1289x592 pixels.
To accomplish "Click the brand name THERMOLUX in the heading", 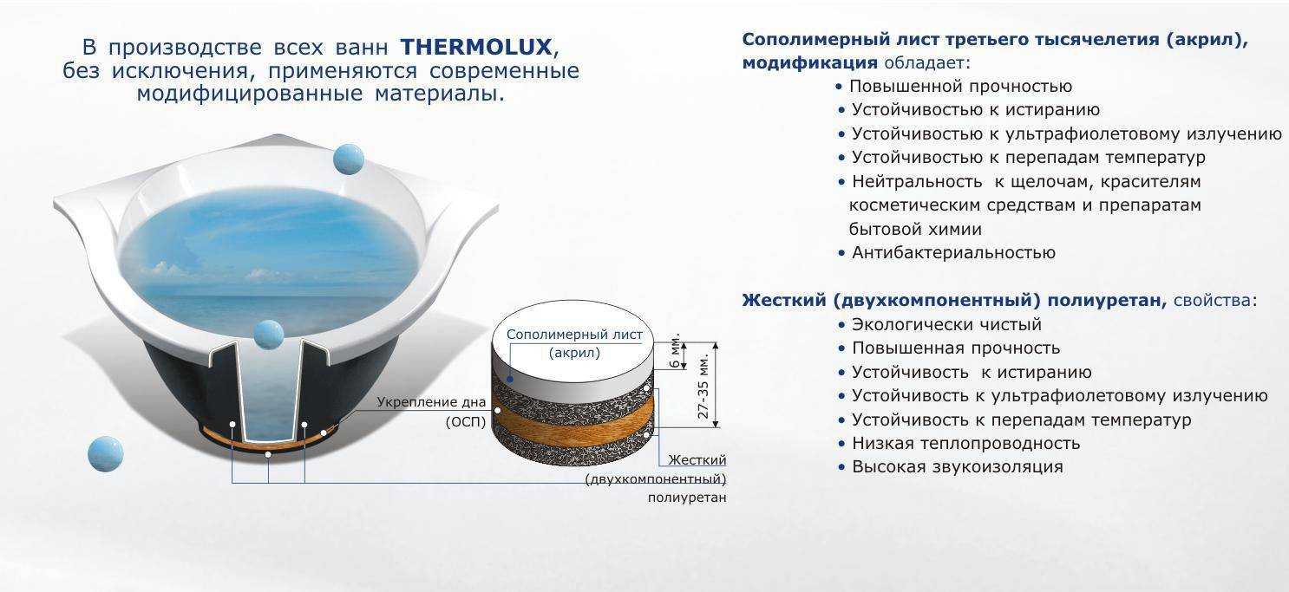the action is point(476,47).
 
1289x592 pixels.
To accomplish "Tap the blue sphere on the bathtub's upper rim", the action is point(348,159).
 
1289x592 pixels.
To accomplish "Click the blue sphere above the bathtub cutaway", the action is point(268,335).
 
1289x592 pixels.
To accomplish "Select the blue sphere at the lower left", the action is point(105,454).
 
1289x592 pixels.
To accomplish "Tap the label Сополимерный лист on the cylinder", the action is point(574,335).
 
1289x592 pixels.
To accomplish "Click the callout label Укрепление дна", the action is point(431,402).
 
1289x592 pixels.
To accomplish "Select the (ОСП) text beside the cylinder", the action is point(466,422).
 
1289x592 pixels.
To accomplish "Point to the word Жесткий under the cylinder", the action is point(697,460).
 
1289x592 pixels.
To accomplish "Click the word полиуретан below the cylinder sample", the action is point(687,498).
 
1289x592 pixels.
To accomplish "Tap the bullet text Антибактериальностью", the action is point(953,253).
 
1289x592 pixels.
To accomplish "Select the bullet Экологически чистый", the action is point(946,325).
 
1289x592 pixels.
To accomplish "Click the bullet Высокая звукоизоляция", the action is point(958,466).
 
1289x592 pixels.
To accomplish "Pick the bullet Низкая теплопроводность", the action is point(965,443).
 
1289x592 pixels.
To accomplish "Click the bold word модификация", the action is point(809,62).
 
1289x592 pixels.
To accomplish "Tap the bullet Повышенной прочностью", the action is point(960,86).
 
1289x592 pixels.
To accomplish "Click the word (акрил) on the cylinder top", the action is point(574,353).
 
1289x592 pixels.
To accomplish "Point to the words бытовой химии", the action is point(915,230).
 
